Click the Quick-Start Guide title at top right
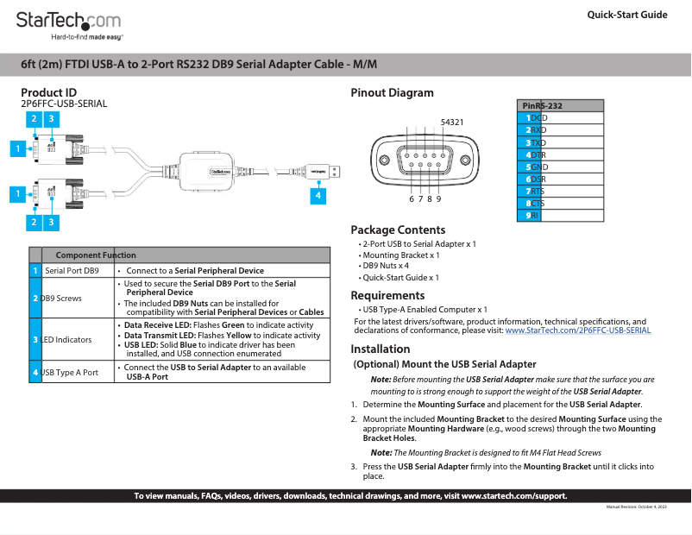(x=626, y=15)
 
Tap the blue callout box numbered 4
(x=318, y=196)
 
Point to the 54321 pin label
(x=452, y=123)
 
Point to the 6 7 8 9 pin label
(x=425, y=198)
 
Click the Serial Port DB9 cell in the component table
(x=72, y=270)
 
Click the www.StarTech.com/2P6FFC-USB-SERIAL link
(x=577, y=330)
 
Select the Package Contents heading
(x=398, y=230)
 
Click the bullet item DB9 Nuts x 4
(x=386, y=266)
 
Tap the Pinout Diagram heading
(x=392, y=93)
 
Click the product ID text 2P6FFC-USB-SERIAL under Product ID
(x=64, y=104)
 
